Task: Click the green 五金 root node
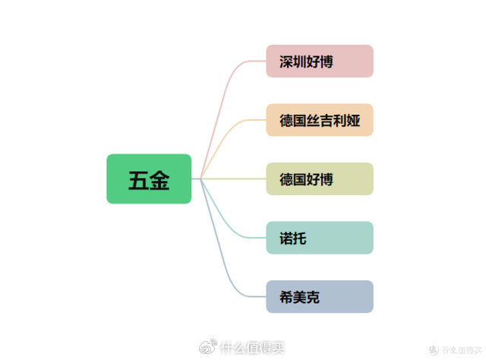click(x=149, y=179)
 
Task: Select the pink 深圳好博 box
click(x=320, y=62)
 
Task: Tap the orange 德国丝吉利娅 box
click(x=320, y=120)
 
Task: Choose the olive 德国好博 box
click(x=320, y=179)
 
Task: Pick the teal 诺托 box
click(x=320, y=238)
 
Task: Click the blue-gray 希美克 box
click(x=320, y=297)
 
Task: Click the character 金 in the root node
click(x=159, y=180)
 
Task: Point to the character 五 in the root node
click(x=138, y=180)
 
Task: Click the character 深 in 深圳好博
click(x=286, y=62)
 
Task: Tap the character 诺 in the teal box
click(x=286, y=238)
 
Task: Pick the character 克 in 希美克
click(x=313, y=298)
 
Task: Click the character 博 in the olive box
click(x=327, y=180)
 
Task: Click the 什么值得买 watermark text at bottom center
click(x=251, y=348)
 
